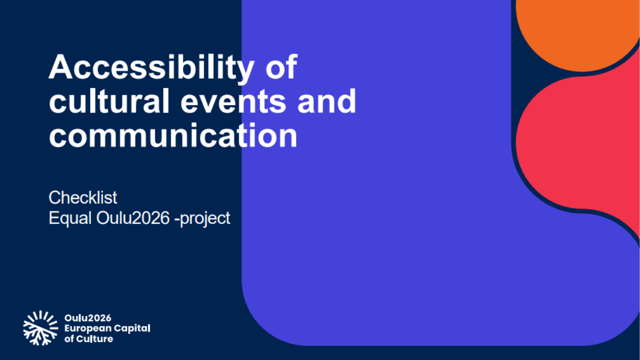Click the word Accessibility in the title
[x=151, y=68]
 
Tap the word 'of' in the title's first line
[x=281, y=67]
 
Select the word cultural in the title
[x=109, y=101]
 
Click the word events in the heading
[x=233, y=101]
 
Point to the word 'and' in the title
[x=327, y=101]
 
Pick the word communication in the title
[x=173, y=135]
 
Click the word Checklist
[x=83, y=197]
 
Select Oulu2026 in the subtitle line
[x=133, y=218]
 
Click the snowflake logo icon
[x=40, y=328]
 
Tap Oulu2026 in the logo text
[x=87, y=318]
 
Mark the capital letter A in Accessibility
[x=60, y=67]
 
